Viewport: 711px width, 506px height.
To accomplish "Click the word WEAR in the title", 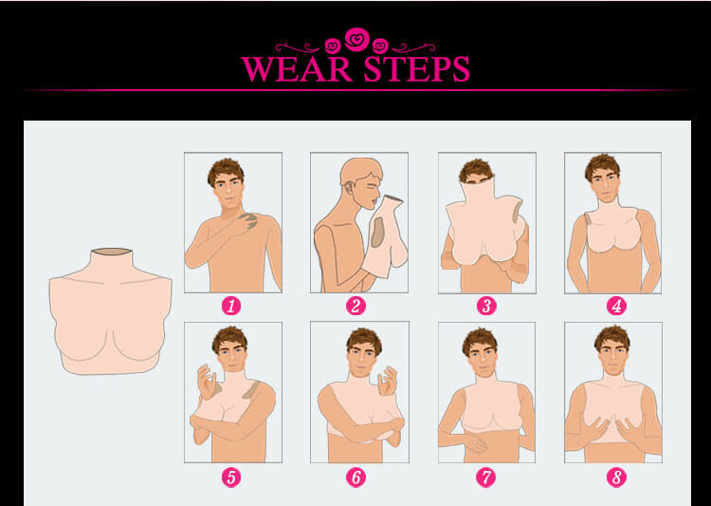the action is pyautogui.click(x=297, y=68).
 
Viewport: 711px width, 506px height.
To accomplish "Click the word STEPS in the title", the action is pyautogui.click(x=416, y=68).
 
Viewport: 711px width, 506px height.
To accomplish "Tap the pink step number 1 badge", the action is pyautogui.click(x=231, y=306).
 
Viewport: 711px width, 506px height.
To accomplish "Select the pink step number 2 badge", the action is pyautogui.click(x=355, y=306).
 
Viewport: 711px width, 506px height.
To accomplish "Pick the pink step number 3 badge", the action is pyautogui.click(x=486, y=306).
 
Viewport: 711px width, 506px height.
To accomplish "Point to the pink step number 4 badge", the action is pyautogui.click(x=616, y=306).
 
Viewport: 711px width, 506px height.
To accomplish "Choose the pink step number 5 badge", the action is pyautogui.click(x=231, y=478).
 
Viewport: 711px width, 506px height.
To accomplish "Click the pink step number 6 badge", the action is pyautogui.click(x=355, y=478).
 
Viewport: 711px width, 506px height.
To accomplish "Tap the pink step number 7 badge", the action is pyautogui.click(x=486, y=478).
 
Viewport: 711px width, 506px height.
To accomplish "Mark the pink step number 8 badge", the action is pyautogui.click(x=616, y=478).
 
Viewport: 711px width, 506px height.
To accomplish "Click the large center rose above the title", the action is pyautogui.click(x=356, y=39).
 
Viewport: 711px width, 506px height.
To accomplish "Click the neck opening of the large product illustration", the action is pyautogui.click(x=112, y=252).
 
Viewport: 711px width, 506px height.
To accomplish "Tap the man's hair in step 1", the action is pyautogui.click(x=226, y=170).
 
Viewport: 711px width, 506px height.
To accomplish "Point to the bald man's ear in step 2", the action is pyautogui.click(x=348, y=187).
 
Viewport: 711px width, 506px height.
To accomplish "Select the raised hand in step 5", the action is pyautogui.click(x=207, y=382).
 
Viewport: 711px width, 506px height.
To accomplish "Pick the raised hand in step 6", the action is pyautogui.click(x=388, y=381).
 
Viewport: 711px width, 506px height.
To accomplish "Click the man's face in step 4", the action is pyautogui.click(x=605, y=186).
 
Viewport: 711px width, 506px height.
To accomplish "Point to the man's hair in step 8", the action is pyautogui.click(x=612, y=337).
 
